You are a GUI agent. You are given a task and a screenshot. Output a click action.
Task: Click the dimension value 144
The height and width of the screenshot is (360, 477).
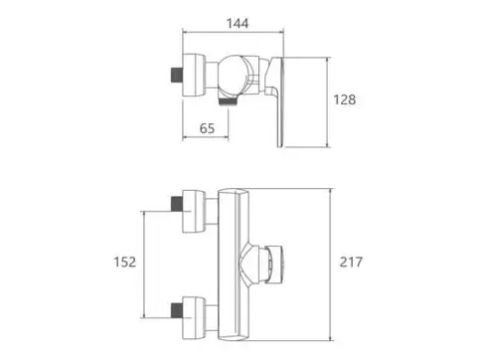coord(238,24)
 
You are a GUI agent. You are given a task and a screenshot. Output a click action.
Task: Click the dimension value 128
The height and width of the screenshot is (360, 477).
coord(345,99)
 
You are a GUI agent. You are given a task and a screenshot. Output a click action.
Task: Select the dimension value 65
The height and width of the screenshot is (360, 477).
coord(207,128)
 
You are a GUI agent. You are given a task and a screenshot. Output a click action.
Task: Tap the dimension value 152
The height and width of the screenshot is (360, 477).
coord(125,262)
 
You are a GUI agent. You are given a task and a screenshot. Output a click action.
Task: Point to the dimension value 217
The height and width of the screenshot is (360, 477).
coord(351,262)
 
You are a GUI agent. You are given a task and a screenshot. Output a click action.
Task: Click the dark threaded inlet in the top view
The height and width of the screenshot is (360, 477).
coord(176,75)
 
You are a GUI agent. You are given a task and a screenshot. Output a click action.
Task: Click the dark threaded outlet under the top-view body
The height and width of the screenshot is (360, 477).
coord(229,101)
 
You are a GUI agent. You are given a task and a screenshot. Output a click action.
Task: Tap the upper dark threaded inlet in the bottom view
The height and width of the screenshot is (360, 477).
coord(177,204)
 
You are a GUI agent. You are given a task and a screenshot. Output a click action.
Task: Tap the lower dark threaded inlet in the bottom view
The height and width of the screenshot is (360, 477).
coord(177,310)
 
